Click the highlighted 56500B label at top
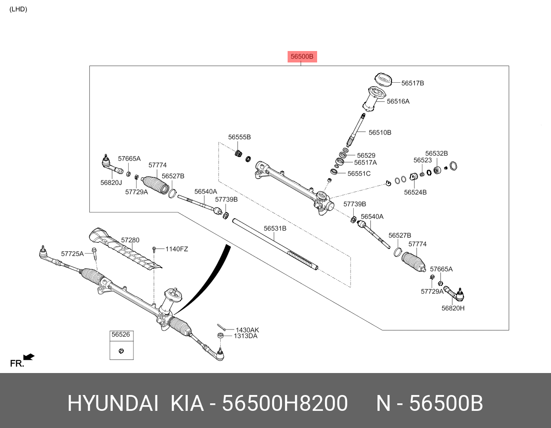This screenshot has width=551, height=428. [302, 57]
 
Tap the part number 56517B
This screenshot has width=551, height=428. [412, 83]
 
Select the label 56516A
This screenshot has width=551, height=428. [398, 102]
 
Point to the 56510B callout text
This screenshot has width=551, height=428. [380, 132]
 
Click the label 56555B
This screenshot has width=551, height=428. [239, 137]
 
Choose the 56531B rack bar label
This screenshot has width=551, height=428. [275, 229]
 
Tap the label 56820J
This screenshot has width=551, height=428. [111, 183]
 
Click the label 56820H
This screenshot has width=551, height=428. [453, 308]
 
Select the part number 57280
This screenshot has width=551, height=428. [130, 240]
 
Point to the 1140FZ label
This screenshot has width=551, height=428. [177, 249]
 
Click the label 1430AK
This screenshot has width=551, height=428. [247, 330]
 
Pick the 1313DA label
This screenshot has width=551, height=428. [245, 336]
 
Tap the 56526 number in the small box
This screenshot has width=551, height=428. [121, 335]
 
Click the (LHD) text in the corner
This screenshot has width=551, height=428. [18, 9]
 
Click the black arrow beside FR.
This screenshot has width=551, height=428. [29, 357]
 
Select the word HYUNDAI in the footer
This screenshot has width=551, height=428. [112, 403]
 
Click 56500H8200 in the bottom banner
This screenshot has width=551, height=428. [285, 403]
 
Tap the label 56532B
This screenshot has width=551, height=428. [436, 154]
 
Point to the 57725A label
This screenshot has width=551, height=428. [72, 254]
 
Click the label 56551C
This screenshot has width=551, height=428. [359, 174]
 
